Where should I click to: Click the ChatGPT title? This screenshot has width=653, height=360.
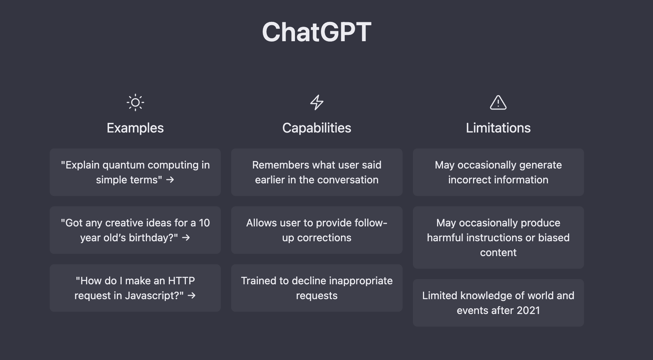tap(316, 32)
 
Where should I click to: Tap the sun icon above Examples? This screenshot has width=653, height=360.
tap(135, 102)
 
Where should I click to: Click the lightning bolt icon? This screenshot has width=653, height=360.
tap(316, 102)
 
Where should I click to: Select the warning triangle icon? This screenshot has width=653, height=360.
tap(498, 102)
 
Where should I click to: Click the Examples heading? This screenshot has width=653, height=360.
tap(135, 128)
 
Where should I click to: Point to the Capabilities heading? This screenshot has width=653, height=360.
tap(316, 128)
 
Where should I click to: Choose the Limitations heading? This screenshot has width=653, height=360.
tap(498, 128)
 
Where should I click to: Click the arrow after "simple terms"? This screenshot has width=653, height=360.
tap(170, 180)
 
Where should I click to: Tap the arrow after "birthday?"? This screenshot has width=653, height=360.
tap(186, 238)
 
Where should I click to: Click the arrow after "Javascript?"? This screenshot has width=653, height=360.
tap(191, 295)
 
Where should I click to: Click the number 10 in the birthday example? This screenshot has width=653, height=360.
tap(204, 223)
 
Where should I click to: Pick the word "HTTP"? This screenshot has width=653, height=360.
tap(181, 281)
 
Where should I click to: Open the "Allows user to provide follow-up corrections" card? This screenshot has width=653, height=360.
tap(316, 230)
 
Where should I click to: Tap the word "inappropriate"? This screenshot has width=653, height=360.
tap(361, 281)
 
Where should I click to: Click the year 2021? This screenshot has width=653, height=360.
tap(528, 310)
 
